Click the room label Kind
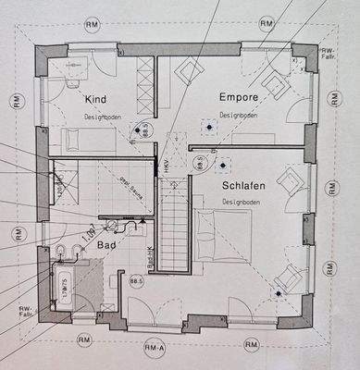tap(95, 98)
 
